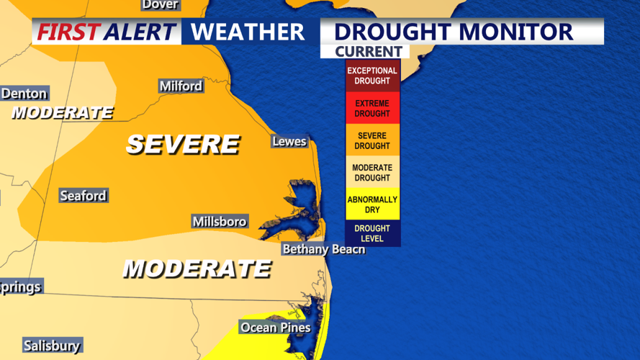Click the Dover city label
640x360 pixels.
click(x=160, y=5)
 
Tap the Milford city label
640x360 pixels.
click(x=181, y=86)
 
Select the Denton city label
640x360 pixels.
click(x=24, y=94)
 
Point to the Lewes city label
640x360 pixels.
click(x=289, y=142)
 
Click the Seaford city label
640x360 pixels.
click(x=83, y=196)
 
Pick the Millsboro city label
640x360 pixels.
click(x=220, y=222)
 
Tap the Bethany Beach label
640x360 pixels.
click(x=323, y=249)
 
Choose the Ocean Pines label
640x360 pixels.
click(x=275, y=328)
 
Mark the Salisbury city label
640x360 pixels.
click(x=51, y=346)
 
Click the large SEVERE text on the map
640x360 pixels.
click(x=183, y=144)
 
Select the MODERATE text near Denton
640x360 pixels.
click(x=63, y=113)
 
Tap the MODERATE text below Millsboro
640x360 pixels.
click(x=197, y=269)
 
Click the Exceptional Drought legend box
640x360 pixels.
click(x=372, y=76)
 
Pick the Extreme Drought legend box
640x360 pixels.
click(x=372, y=109)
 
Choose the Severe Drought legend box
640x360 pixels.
click(x=372, y=140)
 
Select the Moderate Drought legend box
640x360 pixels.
click(x=372, y=173)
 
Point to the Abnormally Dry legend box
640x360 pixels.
click(x=372, y=204)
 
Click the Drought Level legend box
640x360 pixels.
click(x=372, y=233)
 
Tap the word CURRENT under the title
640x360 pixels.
click(x=368, y=52)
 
